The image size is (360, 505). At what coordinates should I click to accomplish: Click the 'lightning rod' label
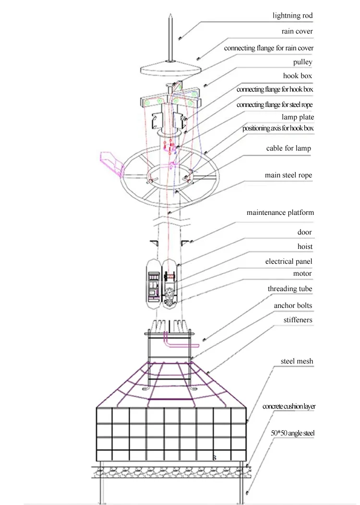tap(292, 15)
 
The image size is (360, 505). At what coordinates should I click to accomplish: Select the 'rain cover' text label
tap(297, 31)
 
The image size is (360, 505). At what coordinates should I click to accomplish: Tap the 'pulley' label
tap(302, 62)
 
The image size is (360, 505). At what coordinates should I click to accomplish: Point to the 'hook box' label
tap(298, 76)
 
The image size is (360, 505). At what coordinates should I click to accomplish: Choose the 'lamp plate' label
tap(298, 117)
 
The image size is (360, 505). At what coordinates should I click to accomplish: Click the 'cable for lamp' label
tap(288, 148)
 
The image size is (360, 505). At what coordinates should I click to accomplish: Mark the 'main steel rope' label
tap(288, 175)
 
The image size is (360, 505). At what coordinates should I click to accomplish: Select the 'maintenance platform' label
tap(280, 212)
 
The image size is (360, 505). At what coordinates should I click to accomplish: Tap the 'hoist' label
tap(305, 247)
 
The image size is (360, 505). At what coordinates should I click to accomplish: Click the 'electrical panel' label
tap(289, 261)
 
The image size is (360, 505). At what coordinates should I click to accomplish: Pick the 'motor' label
tap(302, 273)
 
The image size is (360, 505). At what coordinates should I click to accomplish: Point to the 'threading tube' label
tap(290, 289)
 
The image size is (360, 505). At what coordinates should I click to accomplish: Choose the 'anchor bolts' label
tap(293, 305)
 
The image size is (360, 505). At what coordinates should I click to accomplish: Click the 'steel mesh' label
tap(297, 361)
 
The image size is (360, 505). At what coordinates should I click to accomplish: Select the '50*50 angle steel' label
tap(293, 433)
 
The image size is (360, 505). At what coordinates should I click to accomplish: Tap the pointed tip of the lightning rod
tap(170, 14)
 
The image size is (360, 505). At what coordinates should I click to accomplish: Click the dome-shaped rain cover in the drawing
tap(170, 68)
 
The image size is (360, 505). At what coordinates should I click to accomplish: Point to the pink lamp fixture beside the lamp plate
tap(112, 164)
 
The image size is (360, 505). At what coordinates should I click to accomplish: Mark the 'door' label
tap(305, 232)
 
